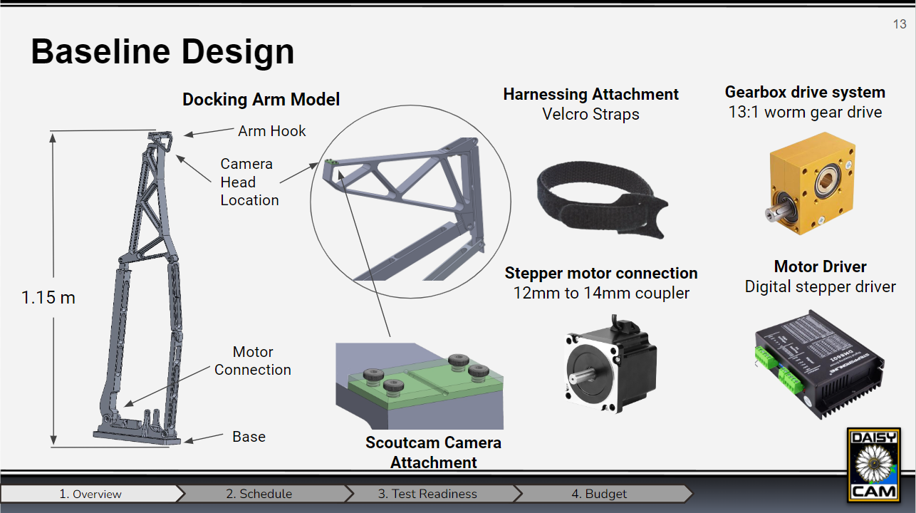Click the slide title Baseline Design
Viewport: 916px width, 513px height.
[x=162, y=52]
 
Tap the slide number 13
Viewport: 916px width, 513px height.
[x=899, y=25]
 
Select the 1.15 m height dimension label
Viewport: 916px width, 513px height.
[x=48, y=298]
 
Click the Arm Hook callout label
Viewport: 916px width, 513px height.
[x=271, y=131]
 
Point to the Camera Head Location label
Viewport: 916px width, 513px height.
[x=249, y=182]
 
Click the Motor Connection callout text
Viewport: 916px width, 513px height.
[x=253, y=361]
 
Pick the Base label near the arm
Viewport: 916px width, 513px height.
[x=249, y=437]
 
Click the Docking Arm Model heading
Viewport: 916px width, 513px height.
[x=261, y=100]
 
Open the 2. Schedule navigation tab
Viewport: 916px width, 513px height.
[x=259, y=494]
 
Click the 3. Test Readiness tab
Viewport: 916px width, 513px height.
[x=427, y=494]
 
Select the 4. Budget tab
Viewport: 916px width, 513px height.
[x=599, y=494]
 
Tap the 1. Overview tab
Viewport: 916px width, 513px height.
[x=90, y=494]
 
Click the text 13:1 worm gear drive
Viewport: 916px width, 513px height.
[x=805, y=113]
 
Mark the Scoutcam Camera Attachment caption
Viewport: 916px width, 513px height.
[x=433, y=452]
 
